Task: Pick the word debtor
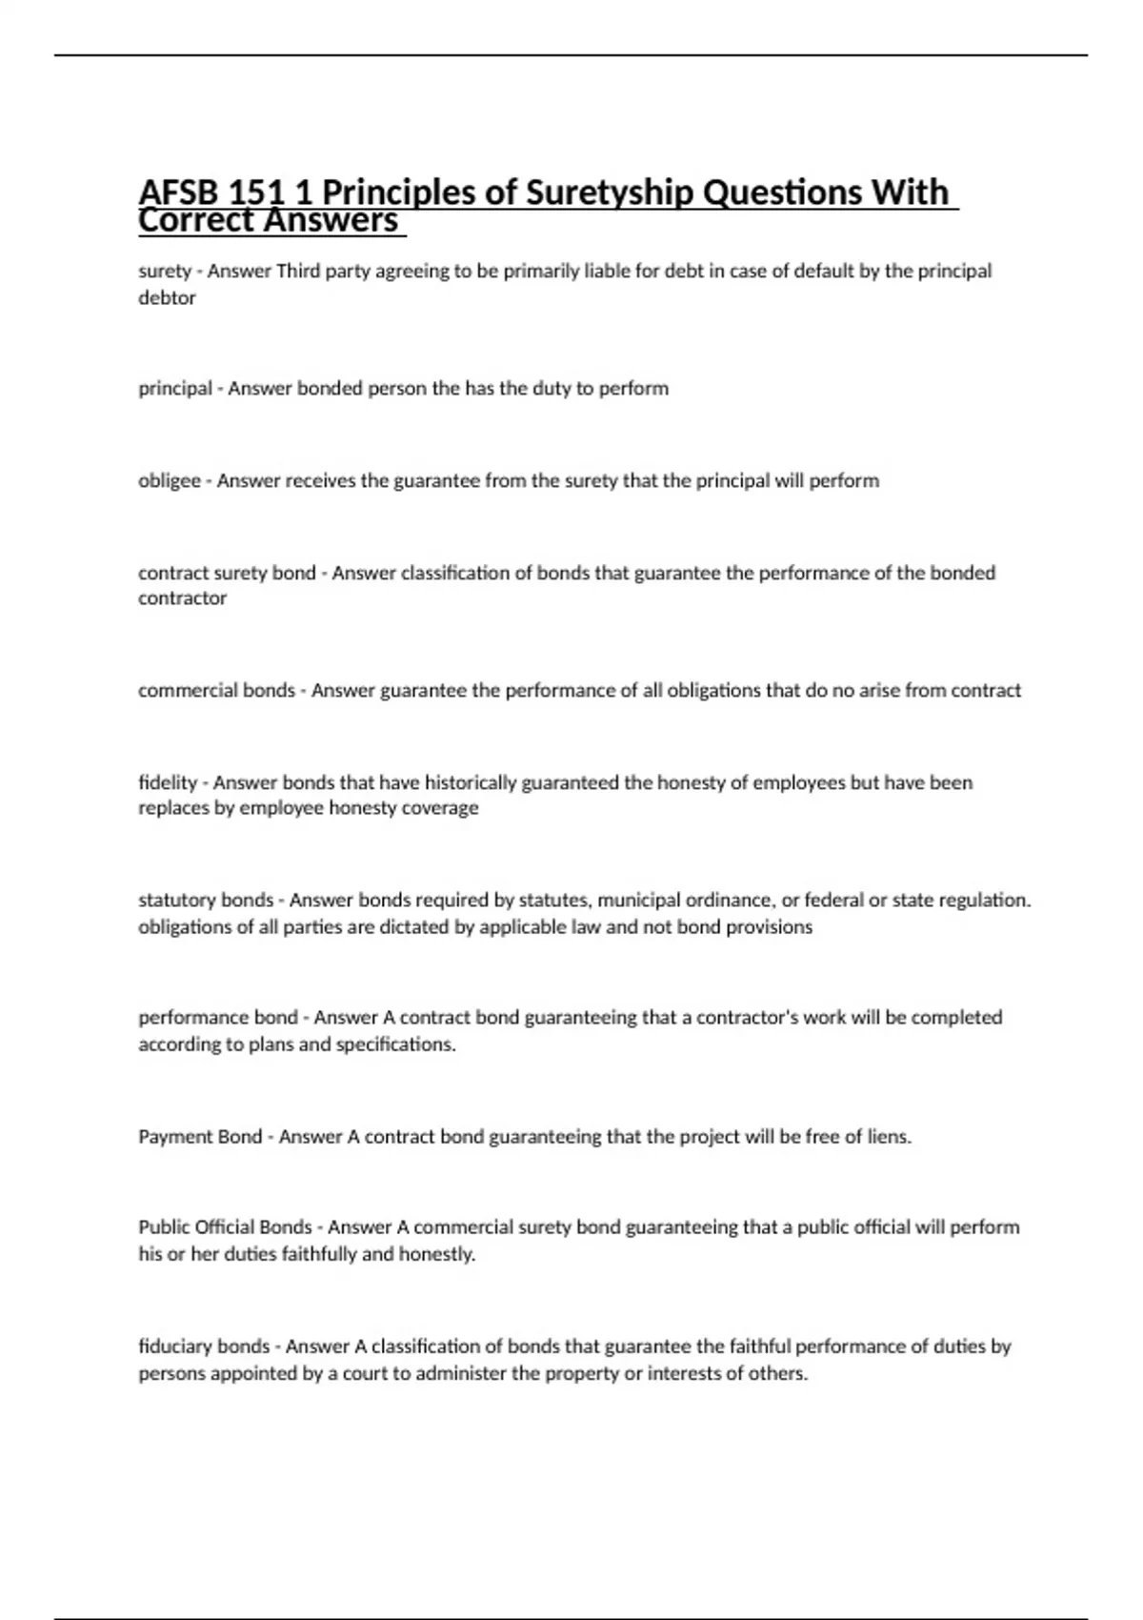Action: tap(167, 297)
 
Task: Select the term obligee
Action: tap(169, 480)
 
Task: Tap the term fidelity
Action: tap(167, 782)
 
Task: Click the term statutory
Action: tap(178, 900)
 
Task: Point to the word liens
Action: tap(889, 1136)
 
